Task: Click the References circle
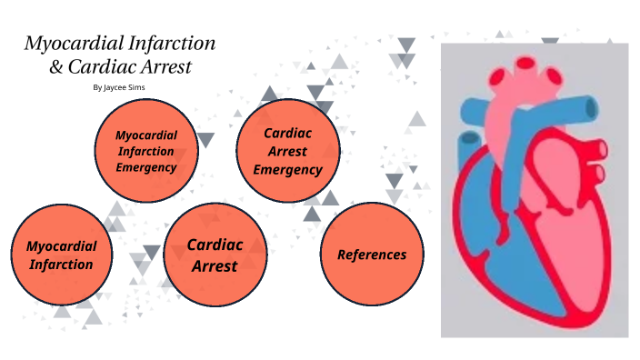(372, 254)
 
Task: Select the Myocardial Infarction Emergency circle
(145, 150)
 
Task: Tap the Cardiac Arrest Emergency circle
(287, 150)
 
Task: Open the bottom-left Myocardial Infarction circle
(61, 255)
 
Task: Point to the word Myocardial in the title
(65, 44)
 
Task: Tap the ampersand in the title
(54, 67)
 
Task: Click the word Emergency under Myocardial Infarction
(145, 167)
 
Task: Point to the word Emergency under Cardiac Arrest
(287, 169)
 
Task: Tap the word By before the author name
(98, 88)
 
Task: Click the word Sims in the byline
(135, 88)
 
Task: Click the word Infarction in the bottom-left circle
(61, 265)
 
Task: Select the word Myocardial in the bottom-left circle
(61, 245)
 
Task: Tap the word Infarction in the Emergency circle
(145, 151)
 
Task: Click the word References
(372, 255)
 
